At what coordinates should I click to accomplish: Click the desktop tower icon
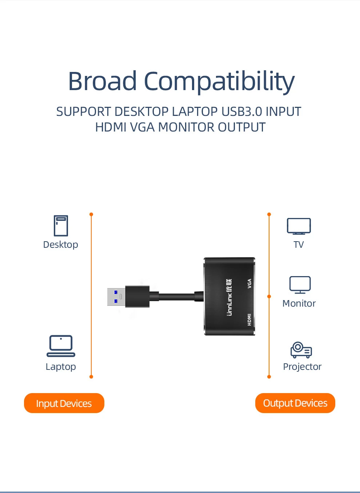61,226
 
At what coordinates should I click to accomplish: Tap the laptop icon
61,346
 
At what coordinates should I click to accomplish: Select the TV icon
299,226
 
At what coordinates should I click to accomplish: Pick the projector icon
301,350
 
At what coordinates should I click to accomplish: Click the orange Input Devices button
64,403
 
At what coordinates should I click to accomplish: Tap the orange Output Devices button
295,403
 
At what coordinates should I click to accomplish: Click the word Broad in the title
102,81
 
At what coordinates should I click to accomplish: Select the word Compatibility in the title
219,82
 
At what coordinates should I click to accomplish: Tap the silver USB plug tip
116,297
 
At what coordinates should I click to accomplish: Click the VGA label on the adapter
249,283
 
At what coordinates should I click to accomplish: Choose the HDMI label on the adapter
249,319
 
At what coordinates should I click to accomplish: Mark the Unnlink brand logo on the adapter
229,297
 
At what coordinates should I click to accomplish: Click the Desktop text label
60,245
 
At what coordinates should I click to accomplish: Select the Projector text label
302,367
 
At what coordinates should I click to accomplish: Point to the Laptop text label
61,367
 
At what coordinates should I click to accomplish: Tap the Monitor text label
299,303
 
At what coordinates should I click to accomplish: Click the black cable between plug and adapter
176,296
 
